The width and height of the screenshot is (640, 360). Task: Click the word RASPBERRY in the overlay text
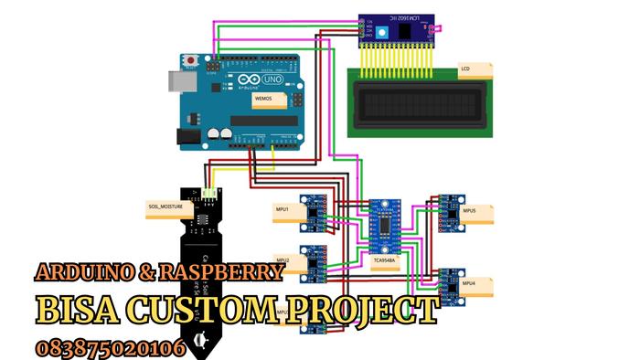coord(220,272)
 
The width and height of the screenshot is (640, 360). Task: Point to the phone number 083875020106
coord(110,347)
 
